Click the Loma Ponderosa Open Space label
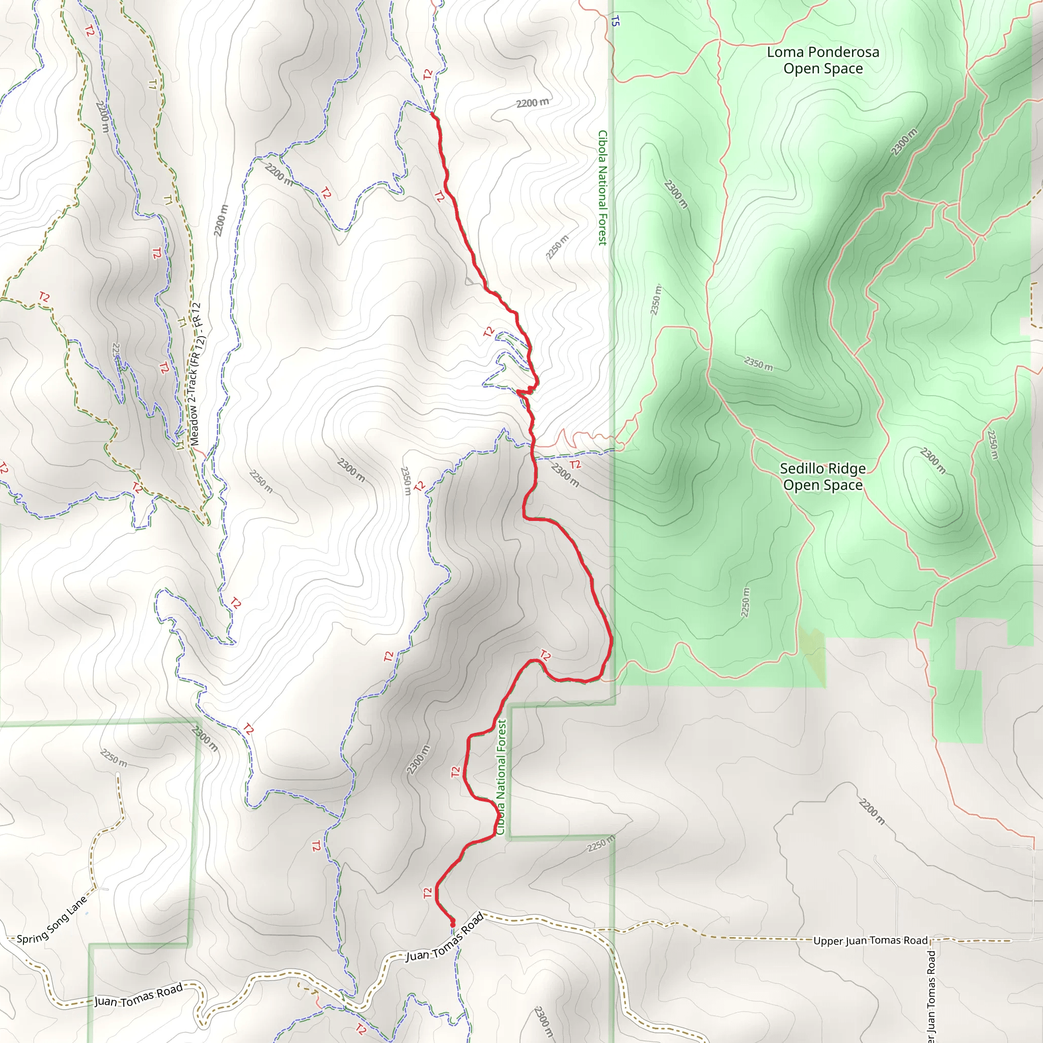pyautogui.click(x=823, y=61)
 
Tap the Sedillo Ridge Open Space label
pyautogui.click(x=823, y=477)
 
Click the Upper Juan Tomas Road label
pyautogui.click(x=870, y=941)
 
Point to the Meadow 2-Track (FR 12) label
pyautogui.click(x=195, y=374)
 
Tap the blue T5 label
pyautogui.click(x=615, y=21)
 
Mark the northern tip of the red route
pyautogui.click(x=433, y=115)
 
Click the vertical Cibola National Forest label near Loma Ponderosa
pyautogui.click(x=602, y=188)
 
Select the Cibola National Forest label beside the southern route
pyautogui.click(x=502, y=777)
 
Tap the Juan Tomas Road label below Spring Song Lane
pyautogui.click(x=139, y=995)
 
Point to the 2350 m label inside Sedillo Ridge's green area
pyautogui.click(x=758, y=363)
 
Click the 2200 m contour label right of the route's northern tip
pyautogui.click(x=532, y=102)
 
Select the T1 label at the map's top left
pyautogui.click(x=152, y=84)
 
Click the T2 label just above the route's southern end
pyautogui.click(x=428, y=893)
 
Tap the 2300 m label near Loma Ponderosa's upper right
pyautogui.click(x=904, y=142)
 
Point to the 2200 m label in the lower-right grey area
pyautogui.click(x=871, y=811)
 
